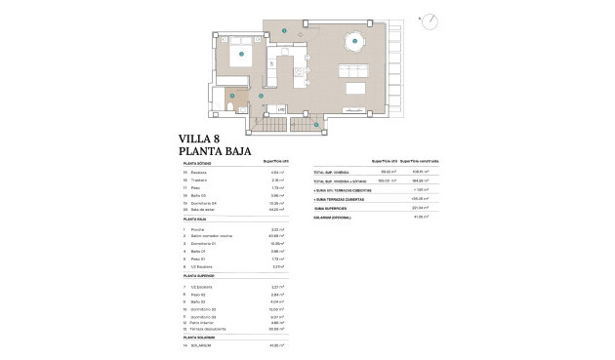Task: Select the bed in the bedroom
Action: click(239, 57)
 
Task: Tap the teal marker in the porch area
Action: click(316, 124)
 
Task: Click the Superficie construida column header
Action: click(422, 161)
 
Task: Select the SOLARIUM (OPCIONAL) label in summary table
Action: click(334, 217)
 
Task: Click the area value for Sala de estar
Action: click(275, 210)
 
